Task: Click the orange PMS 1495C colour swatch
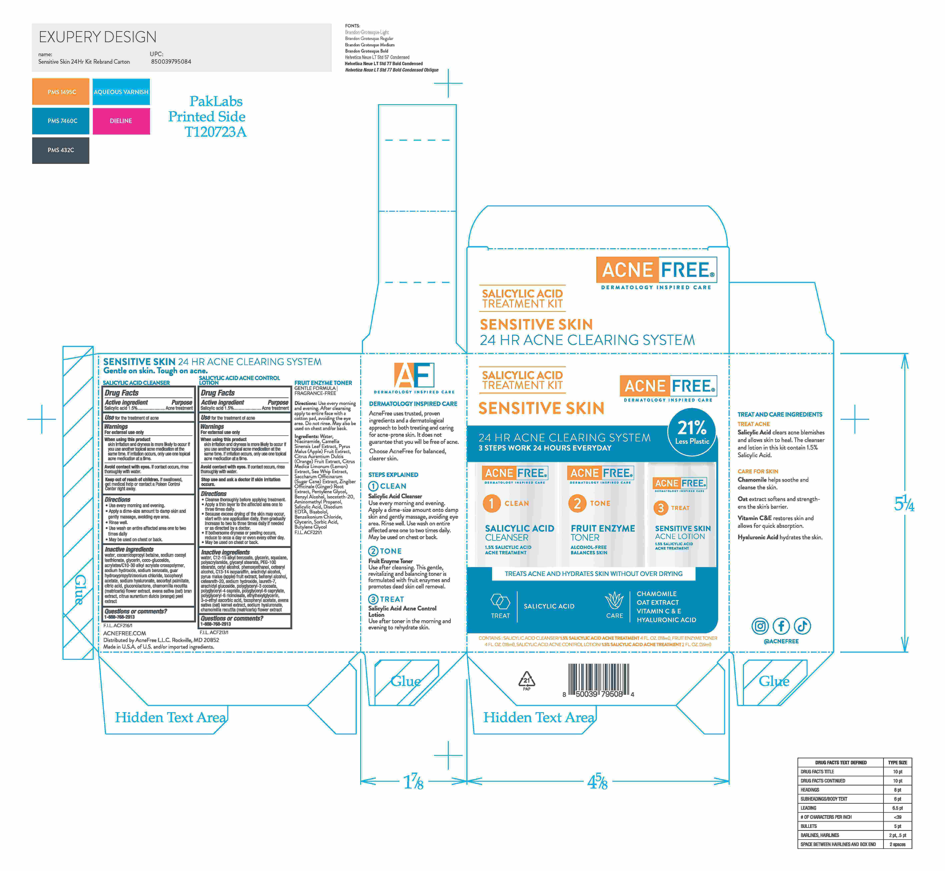tap(61, 92)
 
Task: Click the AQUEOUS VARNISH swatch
tap(121, 92)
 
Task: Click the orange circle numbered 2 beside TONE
tap(577, 503)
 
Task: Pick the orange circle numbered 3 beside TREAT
tap(660, 508)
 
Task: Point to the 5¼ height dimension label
tap(904, 504)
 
